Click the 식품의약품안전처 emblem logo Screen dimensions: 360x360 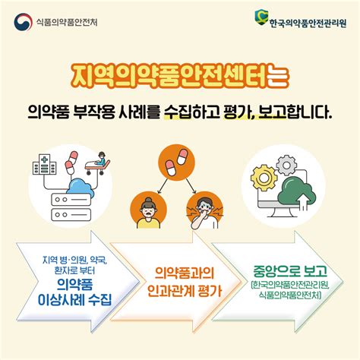pos(21,20)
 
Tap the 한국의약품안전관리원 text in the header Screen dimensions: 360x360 pos(306,21)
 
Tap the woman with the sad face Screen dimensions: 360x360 pos(144,209)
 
